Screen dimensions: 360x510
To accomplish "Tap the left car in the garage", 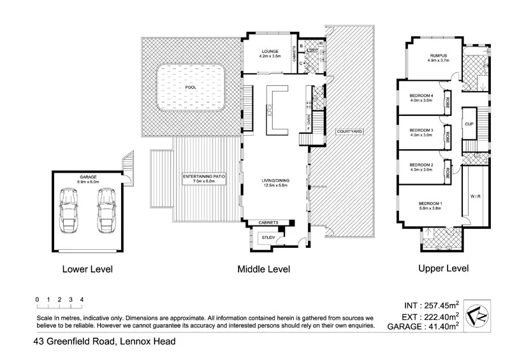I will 68,211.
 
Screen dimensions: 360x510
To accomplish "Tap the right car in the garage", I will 106,211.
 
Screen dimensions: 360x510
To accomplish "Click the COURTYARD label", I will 349,131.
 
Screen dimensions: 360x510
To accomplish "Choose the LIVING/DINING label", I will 275,180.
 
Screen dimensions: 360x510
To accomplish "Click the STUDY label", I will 267,238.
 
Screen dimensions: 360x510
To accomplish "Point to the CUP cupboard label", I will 469,124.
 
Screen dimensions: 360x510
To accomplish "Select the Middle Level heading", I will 263,270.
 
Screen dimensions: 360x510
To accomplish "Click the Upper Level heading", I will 443,269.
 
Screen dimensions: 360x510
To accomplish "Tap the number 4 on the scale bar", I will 82,299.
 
